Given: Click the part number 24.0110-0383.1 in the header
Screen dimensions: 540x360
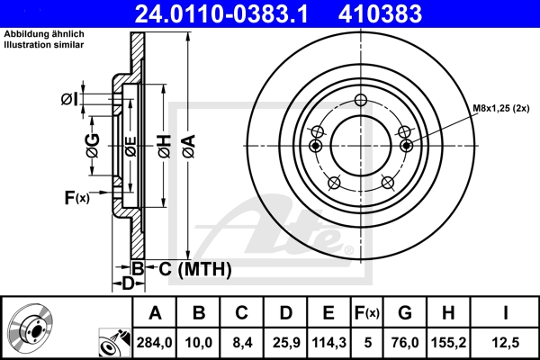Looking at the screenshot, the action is coord(221,13).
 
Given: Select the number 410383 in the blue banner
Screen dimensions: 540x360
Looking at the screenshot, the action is coord(380,13).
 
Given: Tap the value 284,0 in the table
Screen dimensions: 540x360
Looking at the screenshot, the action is coord(154,342).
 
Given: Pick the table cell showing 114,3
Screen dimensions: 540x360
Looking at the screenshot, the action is coord(328,342).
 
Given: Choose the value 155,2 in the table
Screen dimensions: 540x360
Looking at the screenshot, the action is coord(448,342).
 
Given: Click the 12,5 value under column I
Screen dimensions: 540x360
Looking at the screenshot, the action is coord(506,342).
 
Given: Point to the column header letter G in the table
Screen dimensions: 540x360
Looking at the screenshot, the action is coord(405,313).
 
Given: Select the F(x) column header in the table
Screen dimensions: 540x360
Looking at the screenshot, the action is coord(367,313).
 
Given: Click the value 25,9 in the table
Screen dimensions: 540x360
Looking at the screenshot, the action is coord(286,342).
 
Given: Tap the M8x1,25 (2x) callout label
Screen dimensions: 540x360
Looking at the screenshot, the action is coord(500,108).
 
